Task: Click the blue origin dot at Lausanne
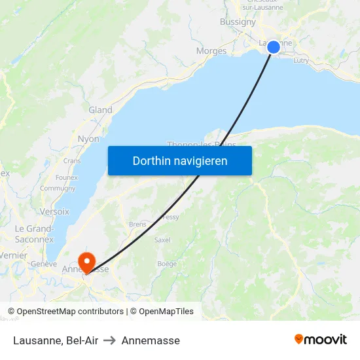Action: point(274,46)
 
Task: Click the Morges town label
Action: point(211,51)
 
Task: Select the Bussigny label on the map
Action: point(238,22)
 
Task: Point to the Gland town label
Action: point(100,110)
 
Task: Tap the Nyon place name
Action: point(88,139)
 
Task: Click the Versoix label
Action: point(54,211)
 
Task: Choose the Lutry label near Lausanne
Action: point(301,60)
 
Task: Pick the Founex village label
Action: point(67,177)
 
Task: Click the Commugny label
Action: point(58,189)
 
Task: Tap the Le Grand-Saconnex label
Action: point(34,234)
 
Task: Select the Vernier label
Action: point(14,255)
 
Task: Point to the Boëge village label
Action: point(167,264)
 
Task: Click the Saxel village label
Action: point(162,240)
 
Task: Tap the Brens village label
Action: point(137,224)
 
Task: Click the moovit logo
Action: point(321,340)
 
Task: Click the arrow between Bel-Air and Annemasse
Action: point(109,340)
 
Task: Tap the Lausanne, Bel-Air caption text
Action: point(56,340)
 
